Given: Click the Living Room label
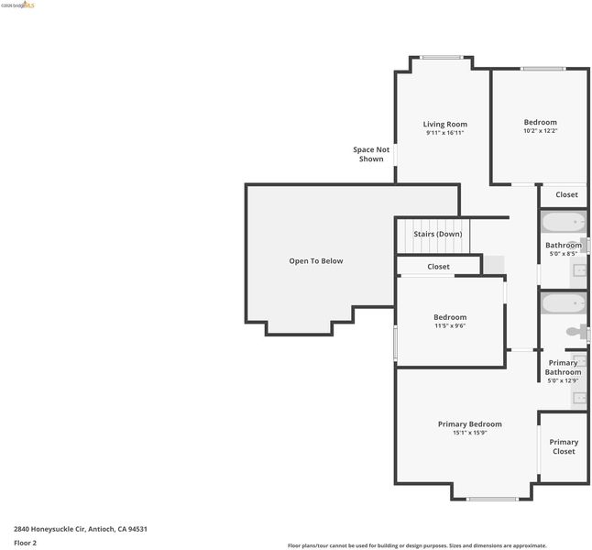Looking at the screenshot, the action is pyautogui.click(x=444, y=125).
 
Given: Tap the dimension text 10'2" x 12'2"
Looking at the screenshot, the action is pyautogui.click(x=541, y=131).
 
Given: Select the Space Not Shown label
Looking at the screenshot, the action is pyautogui.click(x=371, y=154).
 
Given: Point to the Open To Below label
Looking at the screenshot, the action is pyautogui.click(x=316, y=261).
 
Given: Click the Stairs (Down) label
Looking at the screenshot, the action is pyautogui.click(x=437, y=234).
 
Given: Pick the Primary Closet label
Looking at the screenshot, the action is pyautogui.click(x=564, y=446).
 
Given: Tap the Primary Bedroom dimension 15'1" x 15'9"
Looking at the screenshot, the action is pyautogui.click(x=470, y=433).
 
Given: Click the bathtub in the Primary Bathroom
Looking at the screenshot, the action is pyautogui.click(x=564, y=303).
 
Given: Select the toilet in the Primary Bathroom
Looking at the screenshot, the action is pyautogui.click(x=576, y=333).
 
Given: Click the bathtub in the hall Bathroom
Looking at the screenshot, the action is pyautogui.click(x=564, y=222).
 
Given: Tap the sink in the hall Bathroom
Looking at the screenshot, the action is pyautogui.click(x=579, y=270).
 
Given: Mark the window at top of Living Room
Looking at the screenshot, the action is pyautogui.click(x=442, y=58).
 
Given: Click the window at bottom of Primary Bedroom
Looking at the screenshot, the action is pyautogui.click(x=492, y=499).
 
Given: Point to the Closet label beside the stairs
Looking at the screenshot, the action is pyautogui.click(x=438, y=267).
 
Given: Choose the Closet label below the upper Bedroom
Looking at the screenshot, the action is pyautogui.click(x=566, y=195).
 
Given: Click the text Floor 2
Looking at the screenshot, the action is pyautogui.click(x=26, y=543).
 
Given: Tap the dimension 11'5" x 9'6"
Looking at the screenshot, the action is pyautogui.click(x=450, y=325).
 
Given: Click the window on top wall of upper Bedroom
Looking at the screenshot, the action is pyautogui.click(x=543, y=69).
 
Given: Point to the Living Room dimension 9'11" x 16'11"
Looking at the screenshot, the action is pyautogui.click(x=444, y=133).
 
